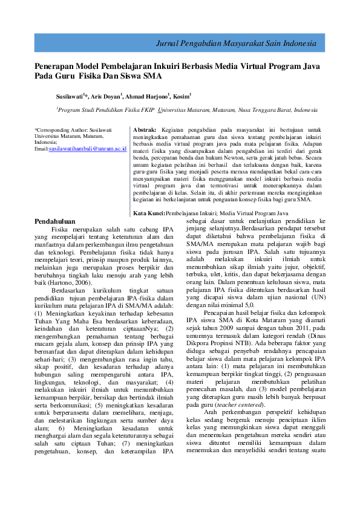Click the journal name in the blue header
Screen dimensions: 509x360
[x=236, y=44]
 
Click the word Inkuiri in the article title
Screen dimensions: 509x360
[x=154, y=66]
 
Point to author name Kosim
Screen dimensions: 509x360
[x=181, y=96]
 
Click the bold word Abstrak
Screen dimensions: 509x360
[x=144, y=129]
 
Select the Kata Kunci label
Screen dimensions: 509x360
[x=149, y=213]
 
